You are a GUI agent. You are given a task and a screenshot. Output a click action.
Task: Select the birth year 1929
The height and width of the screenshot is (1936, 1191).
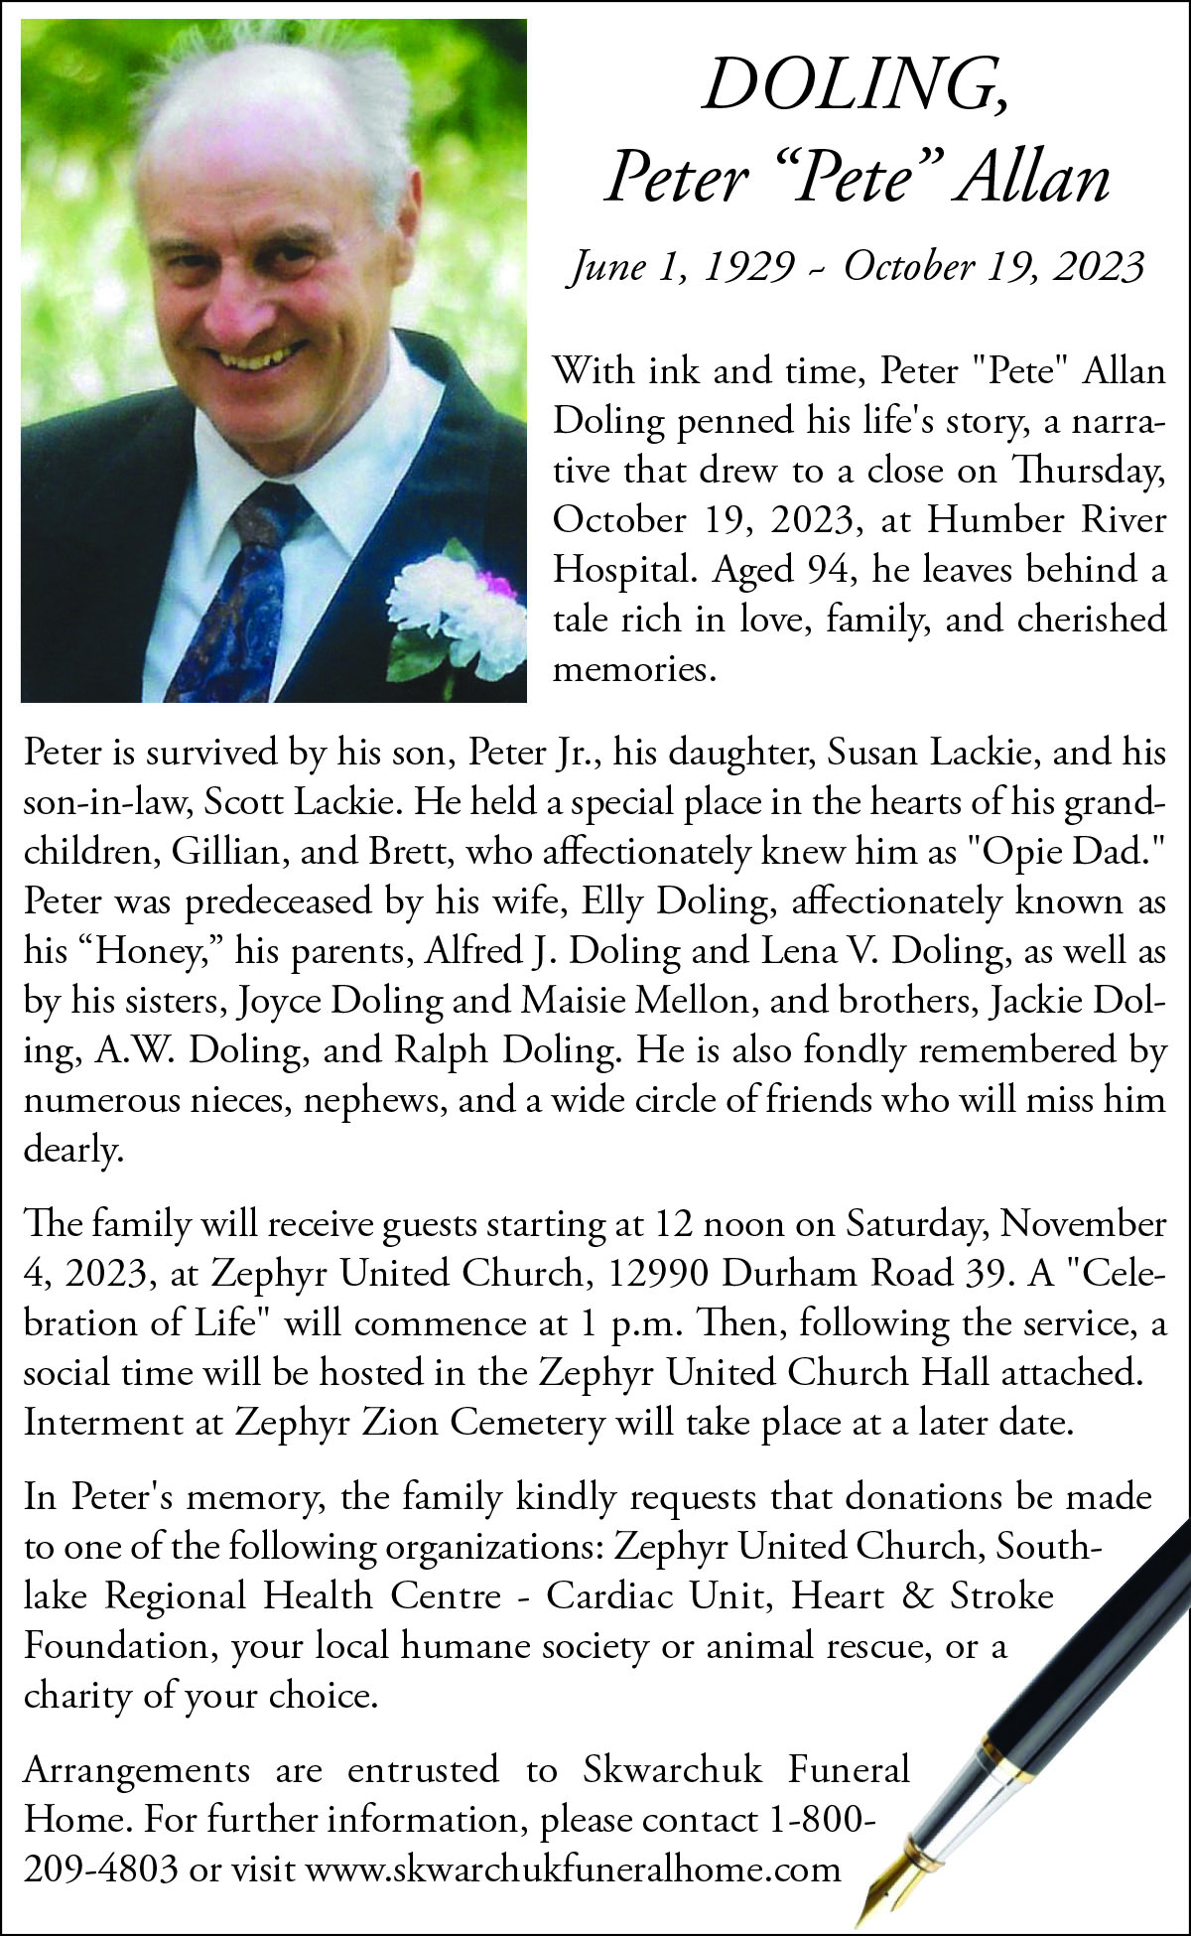point(749,267)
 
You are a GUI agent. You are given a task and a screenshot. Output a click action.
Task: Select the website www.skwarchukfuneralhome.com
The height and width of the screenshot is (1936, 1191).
point(573,1869)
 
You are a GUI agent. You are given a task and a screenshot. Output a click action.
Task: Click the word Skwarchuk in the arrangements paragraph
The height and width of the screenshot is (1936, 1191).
point(673,1770)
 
